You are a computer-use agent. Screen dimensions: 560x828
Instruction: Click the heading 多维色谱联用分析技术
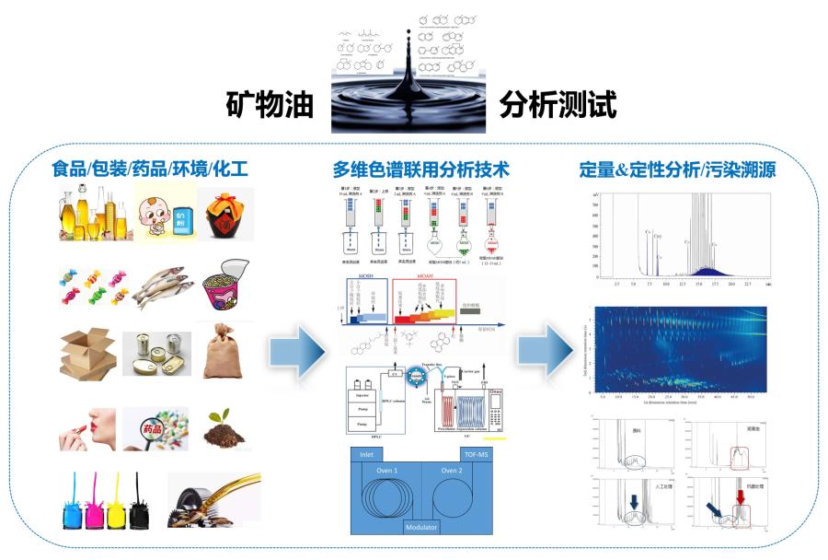[x=420, y=170]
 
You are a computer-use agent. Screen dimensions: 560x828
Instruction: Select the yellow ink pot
[x=117, y=502]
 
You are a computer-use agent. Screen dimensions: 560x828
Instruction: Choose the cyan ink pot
[x=68, y=502]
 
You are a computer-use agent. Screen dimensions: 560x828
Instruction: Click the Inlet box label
[x=368, y=454]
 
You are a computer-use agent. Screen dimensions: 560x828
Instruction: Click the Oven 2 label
[x=451, y=472]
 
